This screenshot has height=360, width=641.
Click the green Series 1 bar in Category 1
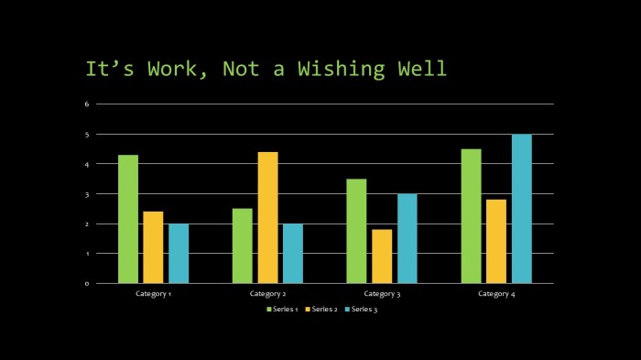pyautogui.click(x=128, y=219)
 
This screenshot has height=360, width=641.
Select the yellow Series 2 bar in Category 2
pyautogui.click(x=267, y=217)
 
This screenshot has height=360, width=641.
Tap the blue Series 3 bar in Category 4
pyautogui.click(x=521, y=209)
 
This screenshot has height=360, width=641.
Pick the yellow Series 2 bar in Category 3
pyautogui.click(x=381, y=256)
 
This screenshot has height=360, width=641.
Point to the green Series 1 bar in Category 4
pyautogui.click(x=471, y=216)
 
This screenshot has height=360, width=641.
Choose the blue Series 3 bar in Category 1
pyautogui.click(x=179, y=253)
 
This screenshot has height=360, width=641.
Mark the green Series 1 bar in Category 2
pyautogui.click(x=242, y=245)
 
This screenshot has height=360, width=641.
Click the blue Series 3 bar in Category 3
pyautogui.click(x=407, y=238)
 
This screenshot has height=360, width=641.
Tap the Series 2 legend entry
pyautogui.click(x=321, y=310)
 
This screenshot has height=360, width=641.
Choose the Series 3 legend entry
pyautogui.click(x=361, y=310)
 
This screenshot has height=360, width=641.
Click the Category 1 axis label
pyautogui.click(x=154, y=294)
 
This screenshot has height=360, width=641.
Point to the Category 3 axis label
pyautogui.click(x=382, y=294)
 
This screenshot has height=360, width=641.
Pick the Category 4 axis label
pyautogui.click(x=496, y=294)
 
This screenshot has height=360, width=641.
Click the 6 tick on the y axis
pyautogui.click(x=87, y=104)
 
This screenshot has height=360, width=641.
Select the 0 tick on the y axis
pyautogui.click(x=87, y=283)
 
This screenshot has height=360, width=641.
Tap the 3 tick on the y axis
pyautogui.click(x=87, y=194)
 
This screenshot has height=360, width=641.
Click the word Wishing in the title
pyautogui.click(x=338, y=69)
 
